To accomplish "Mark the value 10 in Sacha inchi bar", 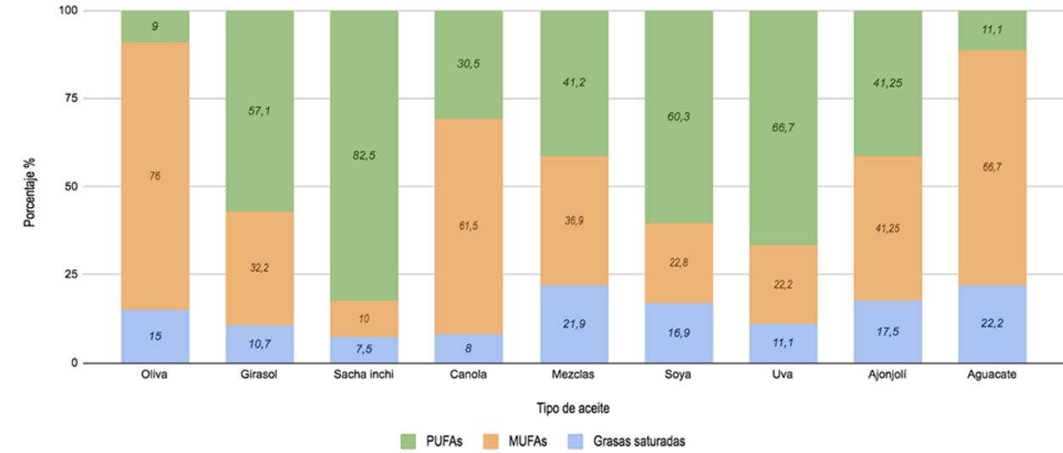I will click(364, 318).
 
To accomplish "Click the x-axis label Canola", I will click(468, 378).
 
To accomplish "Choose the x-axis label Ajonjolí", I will click(887, 378).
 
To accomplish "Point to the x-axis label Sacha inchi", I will click(364, 378).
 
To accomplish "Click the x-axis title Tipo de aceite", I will click(573, 409).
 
